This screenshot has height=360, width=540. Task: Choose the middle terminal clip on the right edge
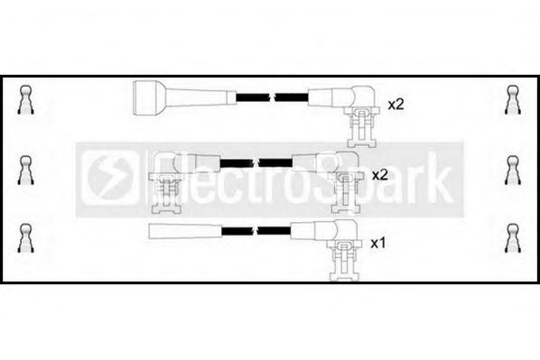(x=512, y=169)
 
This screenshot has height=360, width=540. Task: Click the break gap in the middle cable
(x=256, y=162)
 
